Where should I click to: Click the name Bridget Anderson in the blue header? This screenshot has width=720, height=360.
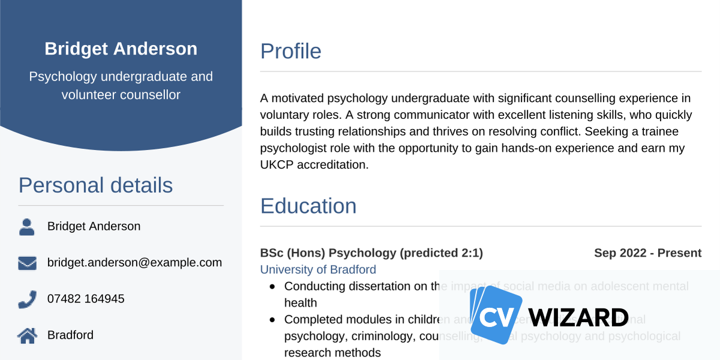pos(121,49)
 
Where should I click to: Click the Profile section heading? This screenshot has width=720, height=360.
pos(290,51)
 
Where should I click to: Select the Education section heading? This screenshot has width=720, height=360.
pos(308,206)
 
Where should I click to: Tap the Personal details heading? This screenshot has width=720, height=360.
pos(95,185)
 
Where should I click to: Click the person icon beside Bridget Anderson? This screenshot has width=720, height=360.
pos(27,227)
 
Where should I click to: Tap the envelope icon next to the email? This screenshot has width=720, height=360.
pos(27,263)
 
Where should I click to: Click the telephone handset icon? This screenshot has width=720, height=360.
pos(27,299)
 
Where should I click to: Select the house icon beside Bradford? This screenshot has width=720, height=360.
pos(27,335)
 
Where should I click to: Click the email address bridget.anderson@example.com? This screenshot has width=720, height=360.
pos(134,262)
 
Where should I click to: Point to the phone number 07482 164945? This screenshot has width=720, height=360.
pos(86,298)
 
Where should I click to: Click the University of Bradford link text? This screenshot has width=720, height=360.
pos(318,269)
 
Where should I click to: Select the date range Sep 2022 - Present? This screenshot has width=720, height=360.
pos(647,253)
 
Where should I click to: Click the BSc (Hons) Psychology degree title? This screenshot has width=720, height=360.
pos(371,253)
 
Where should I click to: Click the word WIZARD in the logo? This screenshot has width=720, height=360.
pos(579,316)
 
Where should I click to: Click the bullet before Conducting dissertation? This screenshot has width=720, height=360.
pos(273,287)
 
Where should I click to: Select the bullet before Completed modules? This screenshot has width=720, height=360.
pos(273,320)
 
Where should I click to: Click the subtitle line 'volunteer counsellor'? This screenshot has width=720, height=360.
pos(121,94)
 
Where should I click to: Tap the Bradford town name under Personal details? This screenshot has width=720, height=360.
pos(70,335)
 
